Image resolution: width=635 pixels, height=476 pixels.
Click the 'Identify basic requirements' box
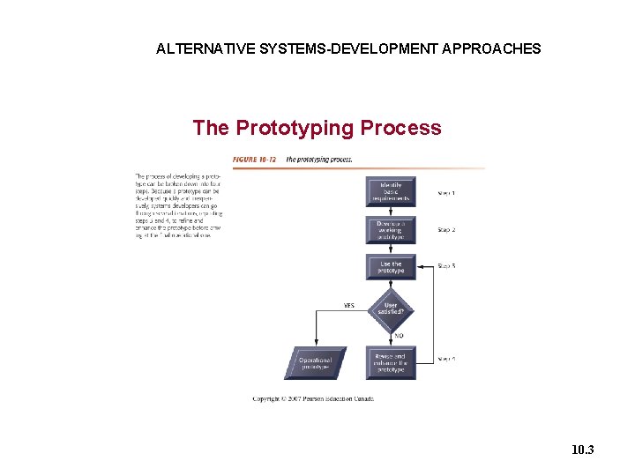click(x=391, y=191)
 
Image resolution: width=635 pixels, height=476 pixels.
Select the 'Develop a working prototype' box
click(x=391, y=230)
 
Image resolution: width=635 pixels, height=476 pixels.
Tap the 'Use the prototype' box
click(x=391, y=267)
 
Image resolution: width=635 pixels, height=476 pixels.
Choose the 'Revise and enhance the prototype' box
click(x=391, y=362)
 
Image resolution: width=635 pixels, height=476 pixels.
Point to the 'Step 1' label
click(x=447, y=192)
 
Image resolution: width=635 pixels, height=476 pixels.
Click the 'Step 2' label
click(x=447, y=229)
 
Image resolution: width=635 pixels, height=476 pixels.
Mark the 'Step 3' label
click(x=447, y=265)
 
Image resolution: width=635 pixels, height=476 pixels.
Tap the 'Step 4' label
click(x=447, y=360)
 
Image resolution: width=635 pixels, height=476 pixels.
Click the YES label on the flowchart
click(x=349, y=306)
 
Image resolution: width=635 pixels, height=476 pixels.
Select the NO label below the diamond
click(x=400, y=336)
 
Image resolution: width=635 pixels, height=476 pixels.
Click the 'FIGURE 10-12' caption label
click(x=255, y=160)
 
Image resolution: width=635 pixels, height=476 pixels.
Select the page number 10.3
click(x=582, y=450)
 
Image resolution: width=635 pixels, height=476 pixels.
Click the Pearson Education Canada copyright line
click(x=313, y=398)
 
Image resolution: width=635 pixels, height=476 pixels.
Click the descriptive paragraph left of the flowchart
click(x=179, y=205)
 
